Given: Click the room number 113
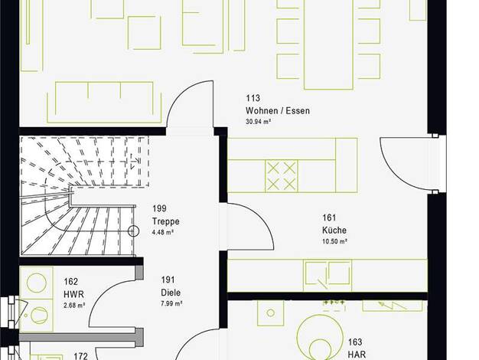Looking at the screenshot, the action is click(x=253, y=98).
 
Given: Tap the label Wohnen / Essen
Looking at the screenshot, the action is click(x=278, y=111).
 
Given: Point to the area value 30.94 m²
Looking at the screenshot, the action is click(x=258, y=122).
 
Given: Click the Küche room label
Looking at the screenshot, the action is click(x=334, y=230).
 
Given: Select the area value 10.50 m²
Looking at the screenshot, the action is click(x=334, y=241).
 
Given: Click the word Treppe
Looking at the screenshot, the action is click(x=165, y=221).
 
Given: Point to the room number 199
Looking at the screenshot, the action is click(x=159, y=208).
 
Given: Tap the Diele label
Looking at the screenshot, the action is click(x=171, y=293).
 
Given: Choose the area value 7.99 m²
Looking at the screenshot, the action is click(x=171, y=304).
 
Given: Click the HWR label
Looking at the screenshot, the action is click(x=73, y=295).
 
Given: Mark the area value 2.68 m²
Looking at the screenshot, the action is click(x=74, y=306).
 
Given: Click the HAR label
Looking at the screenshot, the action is click(x=357, y=355).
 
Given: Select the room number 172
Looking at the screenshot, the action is click(x=81, y=356).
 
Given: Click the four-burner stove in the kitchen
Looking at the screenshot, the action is click(x=282, y=176).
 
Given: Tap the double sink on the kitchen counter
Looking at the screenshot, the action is click(x=327, y=275).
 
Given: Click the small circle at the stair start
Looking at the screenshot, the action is click(x=133, y=231).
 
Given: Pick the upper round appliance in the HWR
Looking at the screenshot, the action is click(x=37, y=283).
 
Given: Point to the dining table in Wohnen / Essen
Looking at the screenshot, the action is click(x=328, y=44).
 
